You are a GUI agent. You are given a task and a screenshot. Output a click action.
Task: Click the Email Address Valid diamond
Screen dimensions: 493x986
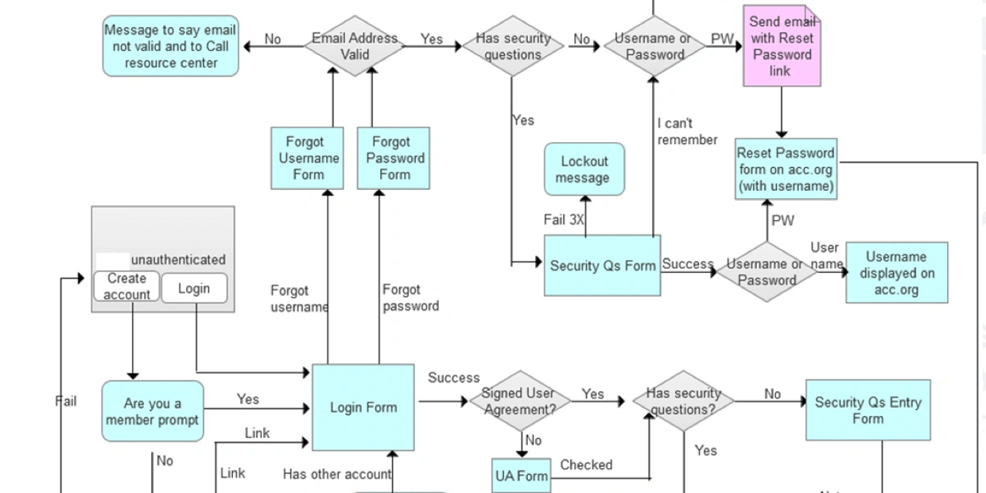(x=355, y=46)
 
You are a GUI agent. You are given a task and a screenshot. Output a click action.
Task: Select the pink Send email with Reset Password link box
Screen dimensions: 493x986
(x=781, y=46)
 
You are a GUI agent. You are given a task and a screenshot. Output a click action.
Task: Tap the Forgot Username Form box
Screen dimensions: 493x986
(x=307, y=158)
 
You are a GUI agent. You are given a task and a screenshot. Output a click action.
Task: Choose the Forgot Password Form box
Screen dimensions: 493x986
(x=393, y=158)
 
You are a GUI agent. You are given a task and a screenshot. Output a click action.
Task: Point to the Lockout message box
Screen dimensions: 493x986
(x=584, y=169)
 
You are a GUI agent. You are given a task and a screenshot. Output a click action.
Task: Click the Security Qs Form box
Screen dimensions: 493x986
(x=602, y=266)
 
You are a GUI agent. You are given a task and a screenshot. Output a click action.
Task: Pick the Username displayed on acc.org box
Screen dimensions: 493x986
(x=896, y=273)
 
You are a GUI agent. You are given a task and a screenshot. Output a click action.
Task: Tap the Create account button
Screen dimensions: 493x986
(x=126, y=287)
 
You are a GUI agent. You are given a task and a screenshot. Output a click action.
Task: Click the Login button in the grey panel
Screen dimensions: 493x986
(x=193, y=288)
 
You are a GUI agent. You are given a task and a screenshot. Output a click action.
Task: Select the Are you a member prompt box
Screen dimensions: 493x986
(x=153, y=411)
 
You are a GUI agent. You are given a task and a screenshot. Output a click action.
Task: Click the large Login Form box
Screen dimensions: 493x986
(x=363, y=408)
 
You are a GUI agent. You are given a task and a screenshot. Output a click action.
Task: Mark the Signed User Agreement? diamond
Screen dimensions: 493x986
(x=521, y=401)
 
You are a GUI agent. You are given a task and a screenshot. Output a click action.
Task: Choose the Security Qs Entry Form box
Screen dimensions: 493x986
(x=868, y=410)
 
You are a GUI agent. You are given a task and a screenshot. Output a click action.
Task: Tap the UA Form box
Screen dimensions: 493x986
(x=522, y=476)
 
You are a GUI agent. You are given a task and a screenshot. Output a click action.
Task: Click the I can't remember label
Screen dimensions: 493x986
(x=687, y=132)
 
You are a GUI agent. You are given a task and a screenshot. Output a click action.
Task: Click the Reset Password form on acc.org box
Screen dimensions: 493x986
(x=786, y=169)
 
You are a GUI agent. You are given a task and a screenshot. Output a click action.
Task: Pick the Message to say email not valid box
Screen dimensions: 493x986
(x=170, y=46)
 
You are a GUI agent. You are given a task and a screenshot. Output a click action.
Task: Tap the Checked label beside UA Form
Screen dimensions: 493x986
(x=586, y=465)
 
